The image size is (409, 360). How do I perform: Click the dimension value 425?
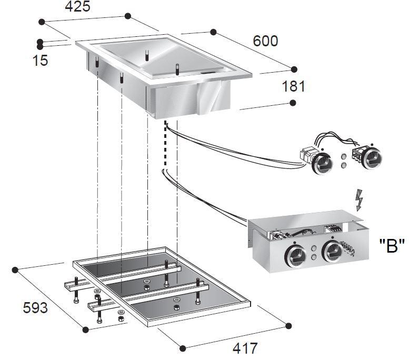[77, 7]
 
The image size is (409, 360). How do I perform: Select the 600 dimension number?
[265, 41]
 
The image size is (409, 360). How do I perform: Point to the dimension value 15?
[40, 60]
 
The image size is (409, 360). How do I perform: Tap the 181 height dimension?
[294, 86]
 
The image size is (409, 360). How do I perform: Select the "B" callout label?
[392, 246]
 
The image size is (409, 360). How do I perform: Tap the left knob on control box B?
[294, 253]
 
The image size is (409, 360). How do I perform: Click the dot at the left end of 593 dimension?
[15, 270]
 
